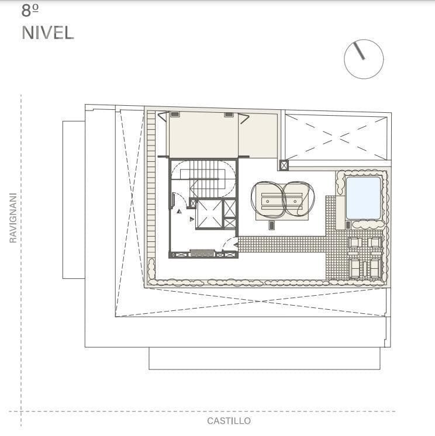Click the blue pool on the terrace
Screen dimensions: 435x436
click(x=363, y=198)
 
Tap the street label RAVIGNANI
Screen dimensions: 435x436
click(x=13, y=218)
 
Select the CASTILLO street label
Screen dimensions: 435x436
click(x=229, y=421)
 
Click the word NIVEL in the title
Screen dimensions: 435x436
click(x=48, y=33)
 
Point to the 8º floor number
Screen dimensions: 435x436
click(x=30, y=11)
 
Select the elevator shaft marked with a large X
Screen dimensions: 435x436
click(x=209, y=214)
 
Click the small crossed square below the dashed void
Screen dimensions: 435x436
click(x=284, y=165)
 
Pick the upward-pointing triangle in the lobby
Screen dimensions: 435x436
click(x=179, y=212)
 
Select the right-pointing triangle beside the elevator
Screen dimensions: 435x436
click(x=192, y=219)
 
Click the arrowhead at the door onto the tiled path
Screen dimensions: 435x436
click(x=236, y=245)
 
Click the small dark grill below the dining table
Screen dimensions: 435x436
click(x=272, y=225)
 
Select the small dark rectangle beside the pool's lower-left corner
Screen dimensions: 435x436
click(x=348, y=224)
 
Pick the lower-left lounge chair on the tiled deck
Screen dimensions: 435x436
click(x=355, y=268)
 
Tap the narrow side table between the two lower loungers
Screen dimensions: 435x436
click(x=365, y=268)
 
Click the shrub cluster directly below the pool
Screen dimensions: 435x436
click(x=367, y=224)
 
